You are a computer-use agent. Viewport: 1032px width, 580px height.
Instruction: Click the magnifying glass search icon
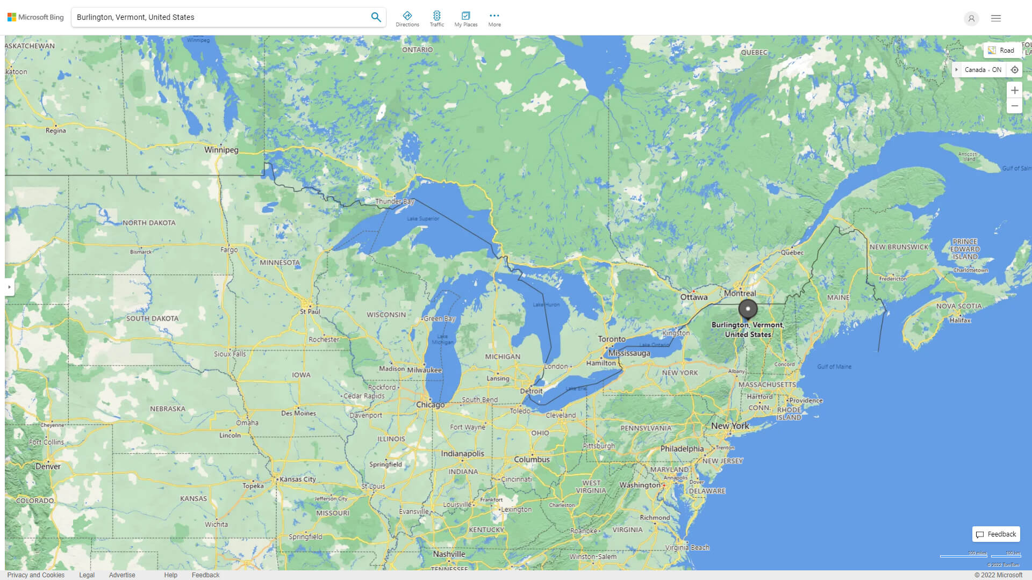tap(376, 17)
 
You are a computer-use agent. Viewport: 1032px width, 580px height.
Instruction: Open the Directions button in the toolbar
tap(407, 19)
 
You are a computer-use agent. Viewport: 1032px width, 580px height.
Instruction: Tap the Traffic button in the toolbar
tap(436, 19)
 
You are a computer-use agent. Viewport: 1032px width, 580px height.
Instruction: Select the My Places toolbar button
tap(465, 19)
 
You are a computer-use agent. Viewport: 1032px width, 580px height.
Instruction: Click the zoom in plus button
tap(1014, 90)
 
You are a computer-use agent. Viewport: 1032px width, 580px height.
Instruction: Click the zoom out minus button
tap(1014, 106)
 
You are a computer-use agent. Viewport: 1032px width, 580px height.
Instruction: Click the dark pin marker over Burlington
tap(748, 309)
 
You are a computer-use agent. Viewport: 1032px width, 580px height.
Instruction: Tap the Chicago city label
tap(430, 404)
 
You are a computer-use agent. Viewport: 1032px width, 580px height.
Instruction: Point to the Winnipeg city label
tap(221, 150)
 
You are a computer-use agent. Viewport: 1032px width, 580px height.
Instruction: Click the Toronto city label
tap(612, 339)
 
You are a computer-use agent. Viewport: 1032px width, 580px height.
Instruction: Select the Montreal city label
tap(740, 293)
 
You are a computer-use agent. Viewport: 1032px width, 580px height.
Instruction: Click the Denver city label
tap(48, 466)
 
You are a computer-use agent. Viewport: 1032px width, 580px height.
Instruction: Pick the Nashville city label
tap(449, 554)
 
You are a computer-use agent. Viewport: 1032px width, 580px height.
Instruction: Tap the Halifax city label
tap(960, 320)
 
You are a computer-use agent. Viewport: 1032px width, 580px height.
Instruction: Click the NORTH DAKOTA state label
tap(149, 222)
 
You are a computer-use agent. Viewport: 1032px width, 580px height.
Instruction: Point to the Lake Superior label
tap(423, 219)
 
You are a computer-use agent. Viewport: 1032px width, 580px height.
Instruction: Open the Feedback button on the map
tap(996, 534)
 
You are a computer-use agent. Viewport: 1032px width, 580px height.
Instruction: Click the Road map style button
tap(1002, 50)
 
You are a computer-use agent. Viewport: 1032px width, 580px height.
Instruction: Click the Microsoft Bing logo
tap(35, 17)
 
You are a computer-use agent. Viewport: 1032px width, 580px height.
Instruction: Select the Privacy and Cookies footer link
tap(35, 575)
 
